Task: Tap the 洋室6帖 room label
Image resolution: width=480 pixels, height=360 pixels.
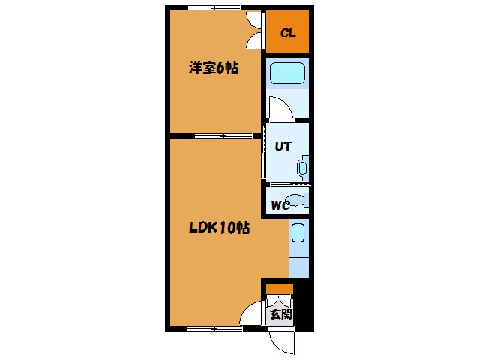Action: pos(214,68)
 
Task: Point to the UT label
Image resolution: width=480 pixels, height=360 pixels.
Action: pos(282,147)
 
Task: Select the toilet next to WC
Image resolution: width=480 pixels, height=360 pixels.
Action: pos(298,200)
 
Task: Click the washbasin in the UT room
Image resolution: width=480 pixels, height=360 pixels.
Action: pos(303,166)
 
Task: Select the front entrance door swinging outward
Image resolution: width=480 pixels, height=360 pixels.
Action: pos(282,342)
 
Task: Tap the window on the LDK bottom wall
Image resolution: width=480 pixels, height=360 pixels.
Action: pos(214,328)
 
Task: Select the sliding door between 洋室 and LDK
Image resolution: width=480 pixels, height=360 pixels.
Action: pos(223,136)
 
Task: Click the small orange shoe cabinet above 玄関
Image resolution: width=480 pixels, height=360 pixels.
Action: pos(280,289)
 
